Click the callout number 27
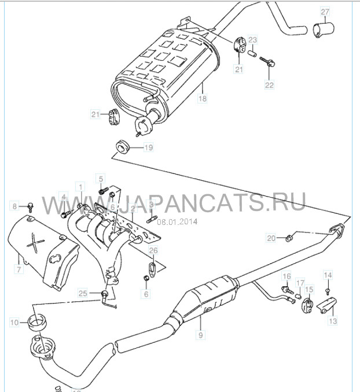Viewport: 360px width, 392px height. click(x=325, y=12)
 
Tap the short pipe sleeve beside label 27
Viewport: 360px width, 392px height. click(x=322, y=29)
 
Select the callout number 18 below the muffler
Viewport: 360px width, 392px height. click(x=202, y=99)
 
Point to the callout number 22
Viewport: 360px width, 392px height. click(x=269, y=84)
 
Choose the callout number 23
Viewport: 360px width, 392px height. click(x=252, y=40)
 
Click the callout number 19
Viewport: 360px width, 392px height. click(x=148, y=148)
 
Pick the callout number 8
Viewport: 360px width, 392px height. click(x=16, y=205)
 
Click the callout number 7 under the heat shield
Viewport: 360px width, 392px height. click(x=19, y=269)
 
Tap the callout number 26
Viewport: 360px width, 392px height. click(x=153, y=250)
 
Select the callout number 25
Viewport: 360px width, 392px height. click(x=83, y=294)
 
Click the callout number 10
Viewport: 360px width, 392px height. click(x=14, y=321)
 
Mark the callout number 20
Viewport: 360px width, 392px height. click(x=271, y=238)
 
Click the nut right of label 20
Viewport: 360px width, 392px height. click(x=290, y=236)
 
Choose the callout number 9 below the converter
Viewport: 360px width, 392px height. click(x=201, y=334)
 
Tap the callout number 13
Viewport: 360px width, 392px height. click(x=333, y=320)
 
